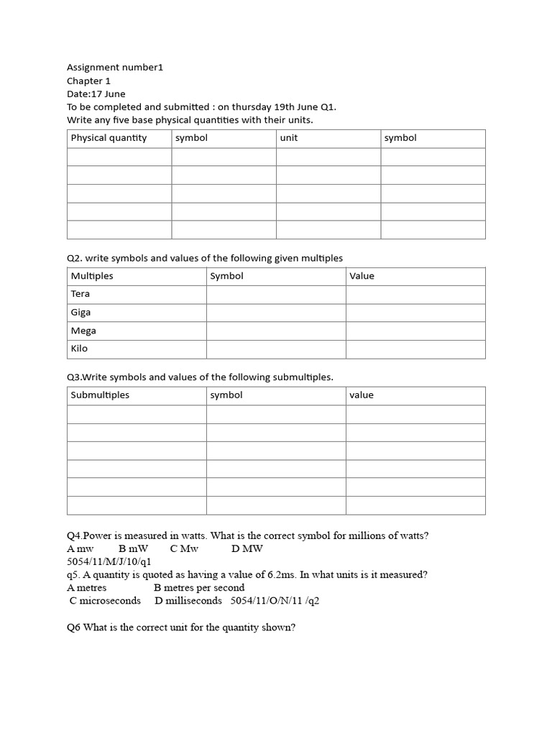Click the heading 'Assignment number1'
115,68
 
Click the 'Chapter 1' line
88,81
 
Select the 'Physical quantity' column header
109,138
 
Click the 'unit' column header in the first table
289,138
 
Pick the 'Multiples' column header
92,276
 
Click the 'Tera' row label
80,294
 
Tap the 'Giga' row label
80,313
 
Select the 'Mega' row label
83,331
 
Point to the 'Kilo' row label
79,349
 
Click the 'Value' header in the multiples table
362,276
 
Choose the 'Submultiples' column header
100,395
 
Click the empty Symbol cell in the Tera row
276,294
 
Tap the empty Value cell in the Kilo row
415,349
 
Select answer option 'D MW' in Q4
247,548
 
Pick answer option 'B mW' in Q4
133,548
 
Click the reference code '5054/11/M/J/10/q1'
109,561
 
